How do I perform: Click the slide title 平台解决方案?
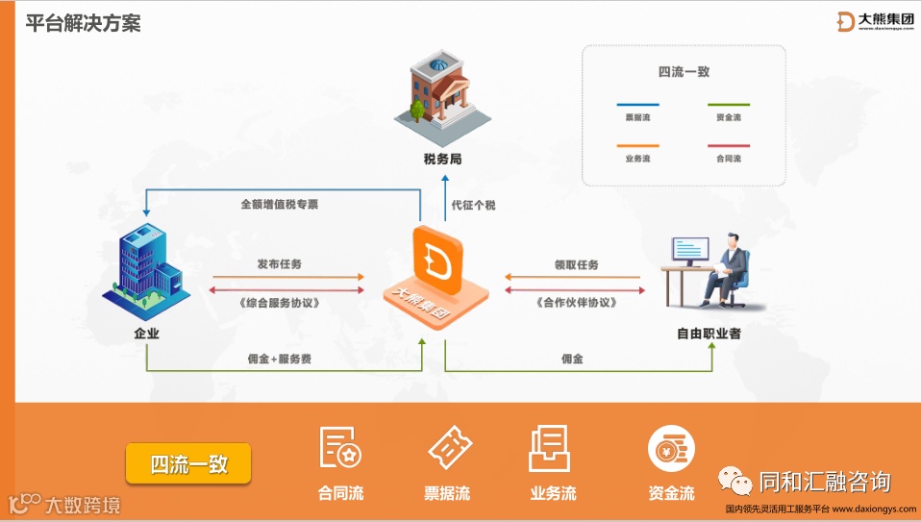pyautogui.click(x=84, y=23)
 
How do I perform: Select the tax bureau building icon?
pyautogui.click(x=442, y=94)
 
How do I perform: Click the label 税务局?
pyautogui.click(x=442, y=159)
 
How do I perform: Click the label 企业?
pyautogui.click(x=146, y=335)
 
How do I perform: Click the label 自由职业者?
pyautogui.click(x=709, y=335)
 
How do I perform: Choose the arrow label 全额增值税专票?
pyautogui.click(x=280, y=205)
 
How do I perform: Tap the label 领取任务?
pyautogui.click(x=576, y=264)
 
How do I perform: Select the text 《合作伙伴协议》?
pyautogui.click(x=575, y=303)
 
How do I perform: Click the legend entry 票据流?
pyautogui.click(x=636, y=117)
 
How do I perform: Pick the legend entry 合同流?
pyautogui.click(x=729, y=159)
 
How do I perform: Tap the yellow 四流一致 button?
pyautogui.click(x=188, y=463)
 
